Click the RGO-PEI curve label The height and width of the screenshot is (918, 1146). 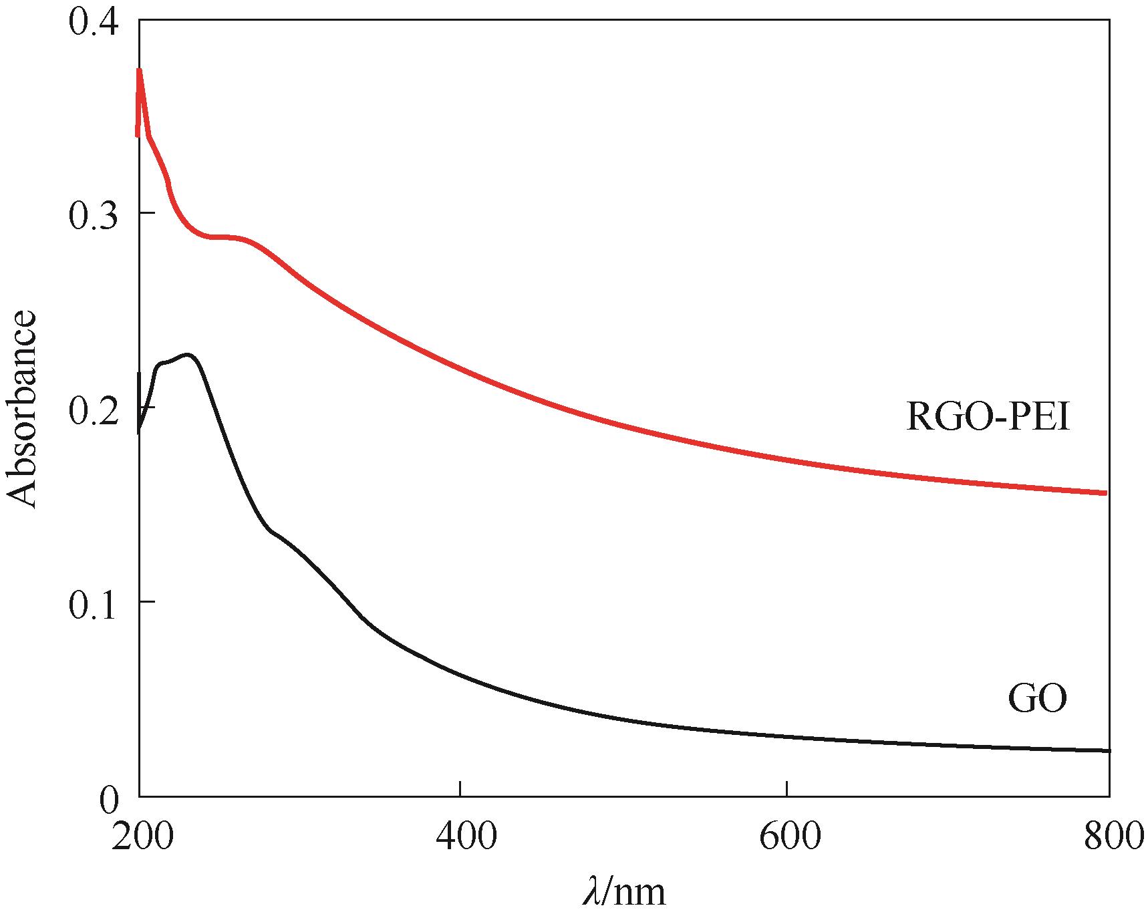click(988, 418)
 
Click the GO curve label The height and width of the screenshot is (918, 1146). click(1037, 700)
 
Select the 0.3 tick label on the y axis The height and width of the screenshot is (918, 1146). click(93, 214)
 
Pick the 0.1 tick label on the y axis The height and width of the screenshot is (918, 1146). click(93, 603)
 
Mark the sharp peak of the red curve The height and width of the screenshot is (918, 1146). click(139, 69)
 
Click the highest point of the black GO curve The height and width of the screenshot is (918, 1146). click(188, 355)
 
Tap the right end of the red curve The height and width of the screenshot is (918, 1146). click(1107, 493)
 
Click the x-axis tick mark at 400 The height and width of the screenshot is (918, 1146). click(461, 792)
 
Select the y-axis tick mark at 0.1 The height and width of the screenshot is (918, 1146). click(143, 602)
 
